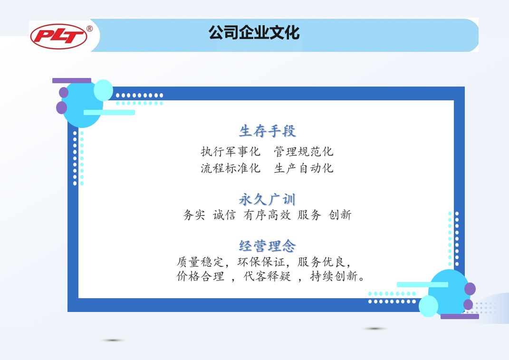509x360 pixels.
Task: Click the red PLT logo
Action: point(58,37)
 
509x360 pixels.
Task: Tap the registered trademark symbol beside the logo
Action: point(90,29)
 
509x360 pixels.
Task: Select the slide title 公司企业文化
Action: point(254,33)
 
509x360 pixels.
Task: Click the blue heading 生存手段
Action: point(268,131)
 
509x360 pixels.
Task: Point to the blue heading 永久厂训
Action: point(268,199)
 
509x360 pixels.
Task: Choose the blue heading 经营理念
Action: point(268,246)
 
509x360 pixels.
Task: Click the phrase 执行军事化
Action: point(230,151)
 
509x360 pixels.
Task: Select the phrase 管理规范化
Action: point(304,151)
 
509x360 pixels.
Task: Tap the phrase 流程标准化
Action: point(230,168)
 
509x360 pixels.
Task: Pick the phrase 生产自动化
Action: point(304,168)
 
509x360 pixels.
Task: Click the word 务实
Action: point(194,215)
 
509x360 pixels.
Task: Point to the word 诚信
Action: point(224,215)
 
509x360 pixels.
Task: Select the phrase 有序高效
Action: point(267,215)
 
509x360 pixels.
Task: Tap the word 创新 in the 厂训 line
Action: point(340,215)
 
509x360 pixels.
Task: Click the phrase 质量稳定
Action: point(200,262)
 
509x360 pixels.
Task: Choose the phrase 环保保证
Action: point(261,262)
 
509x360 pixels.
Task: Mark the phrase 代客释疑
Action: point(267,276)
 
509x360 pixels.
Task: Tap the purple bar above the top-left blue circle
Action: point(72,80)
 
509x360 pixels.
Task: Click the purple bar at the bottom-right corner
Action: point(460,316)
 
